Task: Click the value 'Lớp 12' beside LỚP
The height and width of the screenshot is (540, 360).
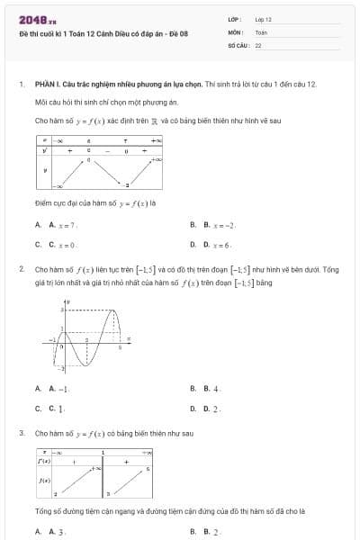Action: pos(264,19)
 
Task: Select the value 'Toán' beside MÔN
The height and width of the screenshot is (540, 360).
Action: pos(261,31)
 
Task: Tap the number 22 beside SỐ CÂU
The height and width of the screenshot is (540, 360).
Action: pos(258,44)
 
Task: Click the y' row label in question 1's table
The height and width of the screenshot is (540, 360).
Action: pos(44,150)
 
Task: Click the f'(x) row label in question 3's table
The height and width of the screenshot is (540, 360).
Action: pos(43,460)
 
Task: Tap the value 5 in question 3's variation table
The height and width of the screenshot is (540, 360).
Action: pos(148,470)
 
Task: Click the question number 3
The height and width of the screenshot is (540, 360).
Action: pos(21,433)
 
